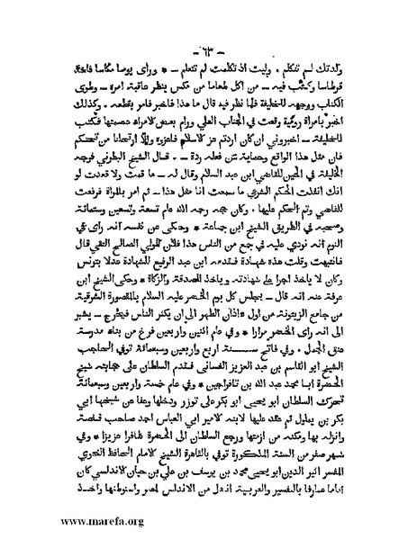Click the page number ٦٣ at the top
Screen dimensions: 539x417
click(208, 46)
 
